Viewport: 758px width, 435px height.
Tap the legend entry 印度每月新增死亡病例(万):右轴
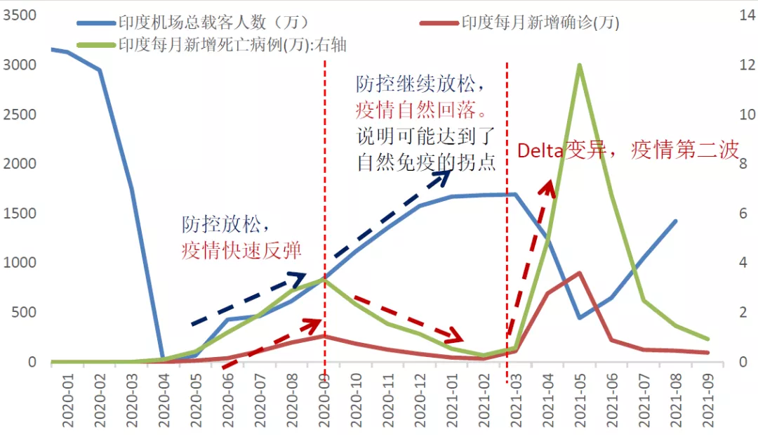(x=232, y=45)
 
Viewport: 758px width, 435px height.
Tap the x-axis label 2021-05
(x=579, y=405)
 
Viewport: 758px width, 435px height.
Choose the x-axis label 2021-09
(x=707, y=405)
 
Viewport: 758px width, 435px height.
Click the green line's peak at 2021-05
(x=579, y=65)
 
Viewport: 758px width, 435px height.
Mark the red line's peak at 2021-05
(x=579, y=273)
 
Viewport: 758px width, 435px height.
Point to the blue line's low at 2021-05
(x=579, y=318)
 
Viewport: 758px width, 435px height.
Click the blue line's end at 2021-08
(x=675, y=221)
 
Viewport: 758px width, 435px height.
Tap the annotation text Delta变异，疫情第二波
(x=628, y=150)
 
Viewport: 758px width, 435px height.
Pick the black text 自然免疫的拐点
(x=427, y=162)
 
